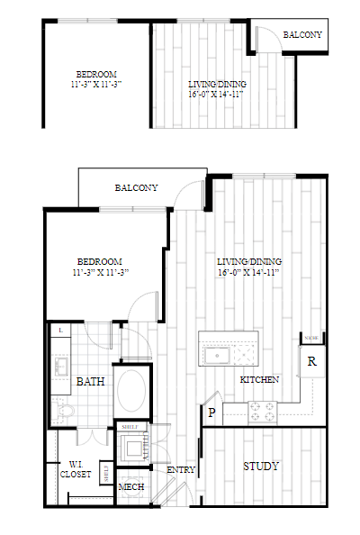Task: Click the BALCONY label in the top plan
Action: pyautogui.click(x=302, y=35)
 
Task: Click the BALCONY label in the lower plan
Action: pyautogui.click(x=137, y=188)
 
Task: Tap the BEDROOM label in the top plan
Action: pyautogui.click(x=96, y=74)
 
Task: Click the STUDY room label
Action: pyautogui.click(x=262, y=467)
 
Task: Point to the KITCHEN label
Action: pyautogui.click(x=259, y=380)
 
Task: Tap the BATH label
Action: pyautogui.click(x=90, y=382)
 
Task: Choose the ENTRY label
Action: pyautogui.click(x=181, y=469)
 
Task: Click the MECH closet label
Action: pyautogui.click(x=131, y=487)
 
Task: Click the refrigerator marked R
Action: pyautogui.click(x=311, y=362)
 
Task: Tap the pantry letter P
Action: pyautogui.click(x=212, y=413)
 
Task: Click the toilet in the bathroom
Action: pyautogui.click(x=65, y=412)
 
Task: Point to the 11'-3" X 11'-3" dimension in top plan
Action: pyautogui.click(x=95, y=84)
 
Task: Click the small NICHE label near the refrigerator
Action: pyautogui.click(x=310, y=339)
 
